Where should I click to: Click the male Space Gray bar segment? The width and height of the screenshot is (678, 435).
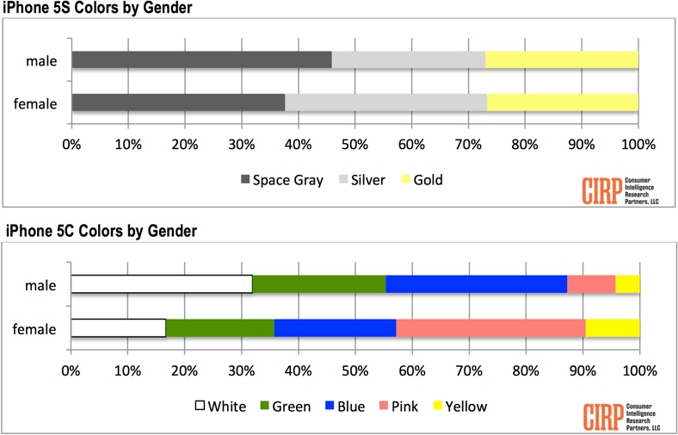click(x=201, y=59)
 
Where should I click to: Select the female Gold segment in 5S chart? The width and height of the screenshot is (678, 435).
click(x=562, y=103)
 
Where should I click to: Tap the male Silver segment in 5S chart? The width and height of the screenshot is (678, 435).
click(x=408, y=59)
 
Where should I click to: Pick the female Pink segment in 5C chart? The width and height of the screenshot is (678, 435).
click(x=490, y=328)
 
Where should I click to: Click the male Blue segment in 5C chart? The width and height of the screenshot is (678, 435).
click(x=476, y=284)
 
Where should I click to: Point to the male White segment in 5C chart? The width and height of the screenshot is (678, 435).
click(x=161, y=284)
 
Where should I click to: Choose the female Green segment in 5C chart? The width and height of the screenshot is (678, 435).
click(x=219, y=328)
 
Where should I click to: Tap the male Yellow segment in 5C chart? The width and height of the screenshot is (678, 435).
click(x=627, y=284)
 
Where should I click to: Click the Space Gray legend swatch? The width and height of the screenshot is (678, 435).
click(x=245, y=180)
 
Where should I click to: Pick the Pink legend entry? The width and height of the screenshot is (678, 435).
click(x=396, y=406)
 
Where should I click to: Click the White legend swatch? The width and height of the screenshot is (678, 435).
click(x=203, y=406)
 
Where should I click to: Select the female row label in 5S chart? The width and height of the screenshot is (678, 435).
click(x=36, y=103)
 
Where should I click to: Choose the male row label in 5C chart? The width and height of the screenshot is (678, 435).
click(x=41, y=285)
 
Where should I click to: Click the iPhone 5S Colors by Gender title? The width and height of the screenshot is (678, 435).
click(x=98, y=9)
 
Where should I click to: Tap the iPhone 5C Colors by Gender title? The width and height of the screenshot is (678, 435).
click(x=102, y=231)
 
